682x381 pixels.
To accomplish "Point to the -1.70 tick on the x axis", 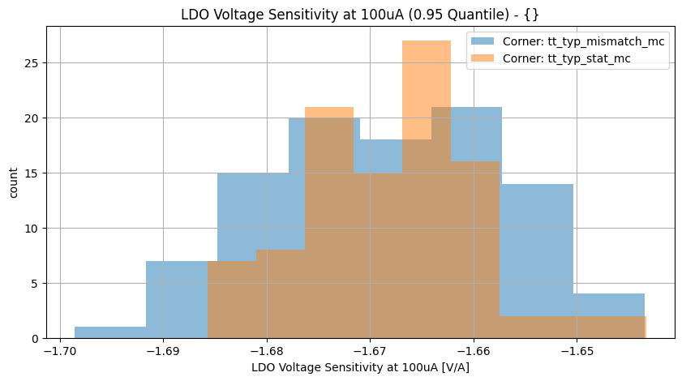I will coord(60,352).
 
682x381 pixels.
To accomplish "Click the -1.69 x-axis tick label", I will coord(163,352).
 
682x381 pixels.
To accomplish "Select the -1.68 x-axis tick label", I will coord(266,352).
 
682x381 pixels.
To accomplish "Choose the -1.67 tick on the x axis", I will coord(370,352).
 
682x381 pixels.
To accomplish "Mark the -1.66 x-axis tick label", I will coord(473,352).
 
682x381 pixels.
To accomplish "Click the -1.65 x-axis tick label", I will coord(576,352).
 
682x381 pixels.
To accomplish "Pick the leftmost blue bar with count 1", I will coord(110,332).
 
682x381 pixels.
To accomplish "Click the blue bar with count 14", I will coord(538,243).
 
